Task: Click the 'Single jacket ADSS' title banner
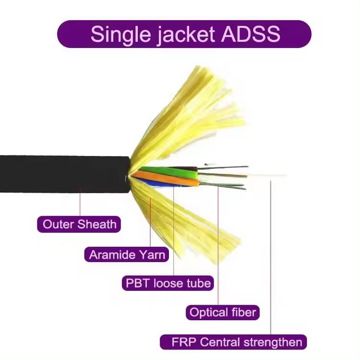pos(184,34)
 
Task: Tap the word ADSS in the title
pos(251,34)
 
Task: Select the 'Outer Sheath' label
pos(79,224)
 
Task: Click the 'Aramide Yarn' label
pos(127,254)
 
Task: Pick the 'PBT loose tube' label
pos(168,283)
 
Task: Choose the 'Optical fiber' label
pos(222,312)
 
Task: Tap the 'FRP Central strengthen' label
pos(233,342)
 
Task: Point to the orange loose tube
pos(165,179)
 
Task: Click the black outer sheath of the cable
pos(65,174)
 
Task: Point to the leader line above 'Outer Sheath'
pos(80,202)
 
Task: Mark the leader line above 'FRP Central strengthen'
pos(270,258)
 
